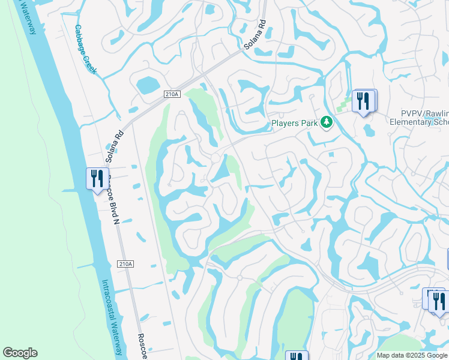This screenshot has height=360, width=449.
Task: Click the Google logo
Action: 20,353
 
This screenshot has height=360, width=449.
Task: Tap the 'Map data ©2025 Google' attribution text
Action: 412,355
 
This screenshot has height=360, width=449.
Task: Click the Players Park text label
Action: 294,124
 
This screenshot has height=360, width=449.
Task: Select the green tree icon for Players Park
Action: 326,122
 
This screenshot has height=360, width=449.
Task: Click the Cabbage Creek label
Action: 85,49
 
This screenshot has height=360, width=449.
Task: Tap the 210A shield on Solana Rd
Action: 171,94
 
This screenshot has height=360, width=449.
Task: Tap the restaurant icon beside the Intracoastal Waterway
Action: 96,178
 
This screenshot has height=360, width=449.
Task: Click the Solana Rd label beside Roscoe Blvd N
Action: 115,147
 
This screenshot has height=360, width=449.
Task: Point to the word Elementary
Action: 412,122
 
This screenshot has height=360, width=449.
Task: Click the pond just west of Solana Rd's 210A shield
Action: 146,85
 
